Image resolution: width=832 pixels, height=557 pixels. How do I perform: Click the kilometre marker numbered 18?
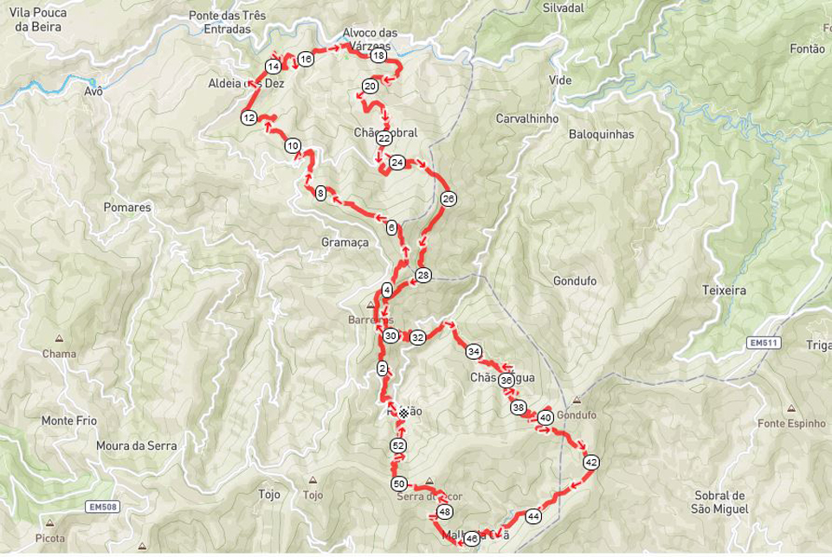[x=377, y=56]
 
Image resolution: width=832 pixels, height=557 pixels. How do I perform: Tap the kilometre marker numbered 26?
[x=448, y=199]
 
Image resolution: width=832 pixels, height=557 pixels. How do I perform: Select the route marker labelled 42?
[x=590, y=463]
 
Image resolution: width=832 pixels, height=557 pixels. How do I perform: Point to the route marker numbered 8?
[x=320, y=193]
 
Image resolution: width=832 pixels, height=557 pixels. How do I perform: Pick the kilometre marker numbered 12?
[x=248, y=118]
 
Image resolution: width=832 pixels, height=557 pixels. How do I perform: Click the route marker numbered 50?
[x=398, y=484]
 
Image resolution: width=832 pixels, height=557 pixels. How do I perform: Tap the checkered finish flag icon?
[x=403, y=413]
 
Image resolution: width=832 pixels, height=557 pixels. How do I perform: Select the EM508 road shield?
[x=103, y=507]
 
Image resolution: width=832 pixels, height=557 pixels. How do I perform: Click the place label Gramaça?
[x=345, y=243]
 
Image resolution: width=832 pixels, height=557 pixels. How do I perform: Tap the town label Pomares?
[x=127, y=208]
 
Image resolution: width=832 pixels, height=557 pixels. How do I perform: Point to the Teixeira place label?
[x=724, y=291]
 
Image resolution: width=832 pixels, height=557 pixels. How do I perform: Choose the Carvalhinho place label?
[x=527, y=118]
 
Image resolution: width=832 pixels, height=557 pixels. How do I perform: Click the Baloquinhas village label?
[x=602, y=135]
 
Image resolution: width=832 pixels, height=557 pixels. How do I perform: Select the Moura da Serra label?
[x=137, y=446]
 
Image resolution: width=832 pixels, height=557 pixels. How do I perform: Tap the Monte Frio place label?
[x=68, y=421]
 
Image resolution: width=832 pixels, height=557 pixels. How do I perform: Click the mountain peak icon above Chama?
[x=59, y=339]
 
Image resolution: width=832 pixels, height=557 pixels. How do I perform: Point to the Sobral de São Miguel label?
[x=719, y=502]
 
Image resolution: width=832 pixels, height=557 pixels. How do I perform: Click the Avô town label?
[x=94, y=91]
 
